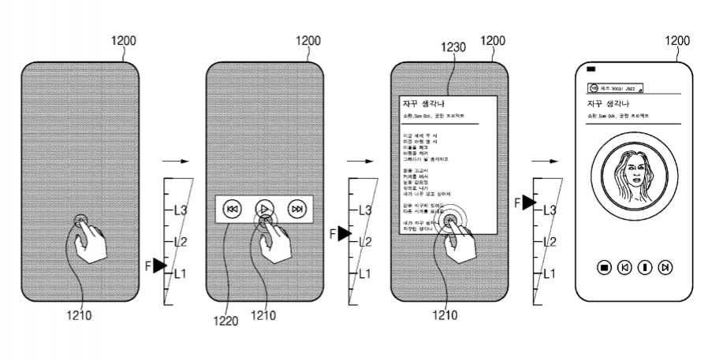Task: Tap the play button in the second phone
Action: click(x=265, y=210)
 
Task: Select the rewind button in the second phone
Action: click(x=232, y=210)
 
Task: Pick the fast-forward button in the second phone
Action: click(x=297, y=210)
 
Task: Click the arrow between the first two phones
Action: click(x=181, y=161)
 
